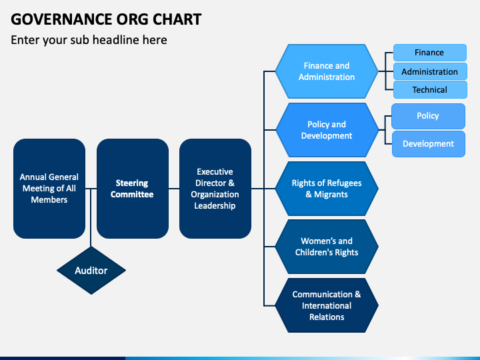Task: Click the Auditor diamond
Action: (x=91, y=271)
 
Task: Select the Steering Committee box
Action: (x=133, y=189)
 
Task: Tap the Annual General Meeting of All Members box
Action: (x=49, y=189)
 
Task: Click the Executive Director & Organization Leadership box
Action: (x=215, y=189)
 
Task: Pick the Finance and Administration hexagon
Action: (x=327, y=71)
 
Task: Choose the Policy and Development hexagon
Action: (x=327, y=130)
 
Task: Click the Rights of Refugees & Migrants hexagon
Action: (x=327, y=189)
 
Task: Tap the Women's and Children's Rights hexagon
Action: (x=327, y=247)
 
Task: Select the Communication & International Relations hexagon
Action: (x=327, y=305)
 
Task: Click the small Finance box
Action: (x=430, y=53)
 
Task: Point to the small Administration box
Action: (x=430, y=71)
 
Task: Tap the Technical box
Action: (x=430, y=90)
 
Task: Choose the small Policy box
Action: (x=428, y=116)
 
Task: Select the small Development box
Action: (x=429, y=144)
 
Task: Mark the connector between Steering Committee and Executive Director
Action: (x=174, y=189)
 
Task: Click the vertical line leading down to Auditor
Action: (x=91, y=217)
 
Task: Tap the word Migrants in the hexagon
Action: (x=331, y=195)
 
